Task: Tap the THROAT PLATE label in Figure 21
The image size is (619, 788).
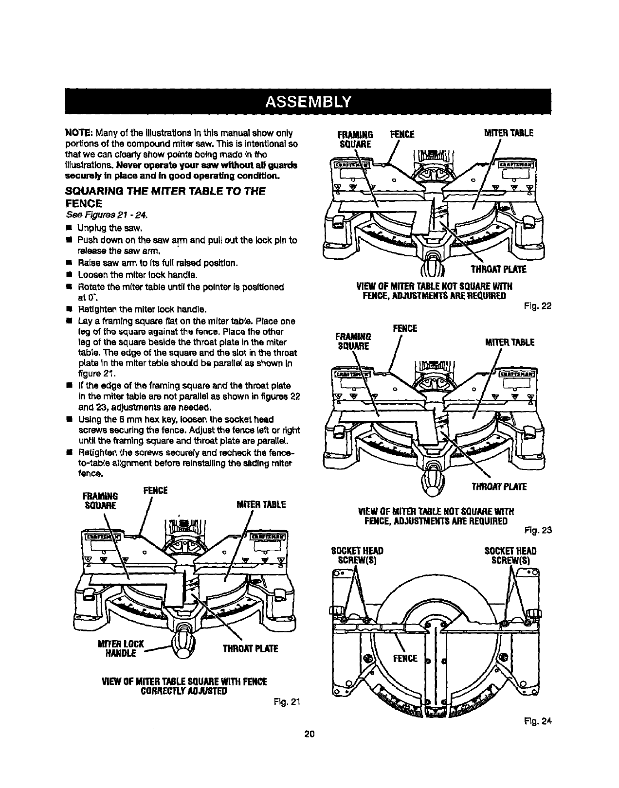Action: pos(250,649)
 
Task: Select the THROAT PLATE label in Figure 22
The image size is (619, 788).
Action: pos(498,269)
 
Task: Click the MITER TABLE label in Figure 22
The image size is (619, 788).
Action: pos(508,133)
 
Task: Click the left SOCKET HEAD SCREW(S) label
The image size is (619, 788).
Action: pos(357,555)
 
